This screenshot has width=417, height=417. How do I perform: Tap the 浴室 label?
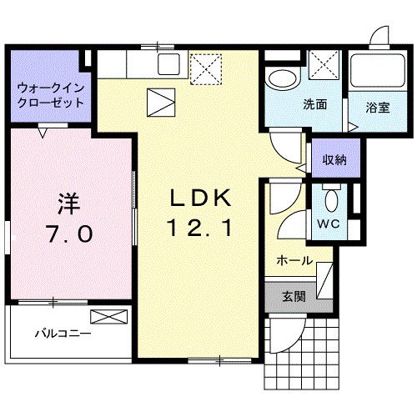pyautogui.click(x=376, y=108)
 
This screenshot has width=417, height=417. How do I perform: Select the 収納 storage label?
pyautogui.click(x=335, y=159)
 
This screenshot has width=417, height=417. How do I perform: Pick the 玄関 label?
pyautogui.click(x=293, y=295)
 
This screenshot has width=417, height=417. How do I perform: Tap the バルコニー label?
pyautogui.click(x=63, y=335)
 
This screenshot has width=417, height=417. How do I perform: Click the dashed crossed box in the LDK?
pyautogui.click(x=204, y=67)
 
